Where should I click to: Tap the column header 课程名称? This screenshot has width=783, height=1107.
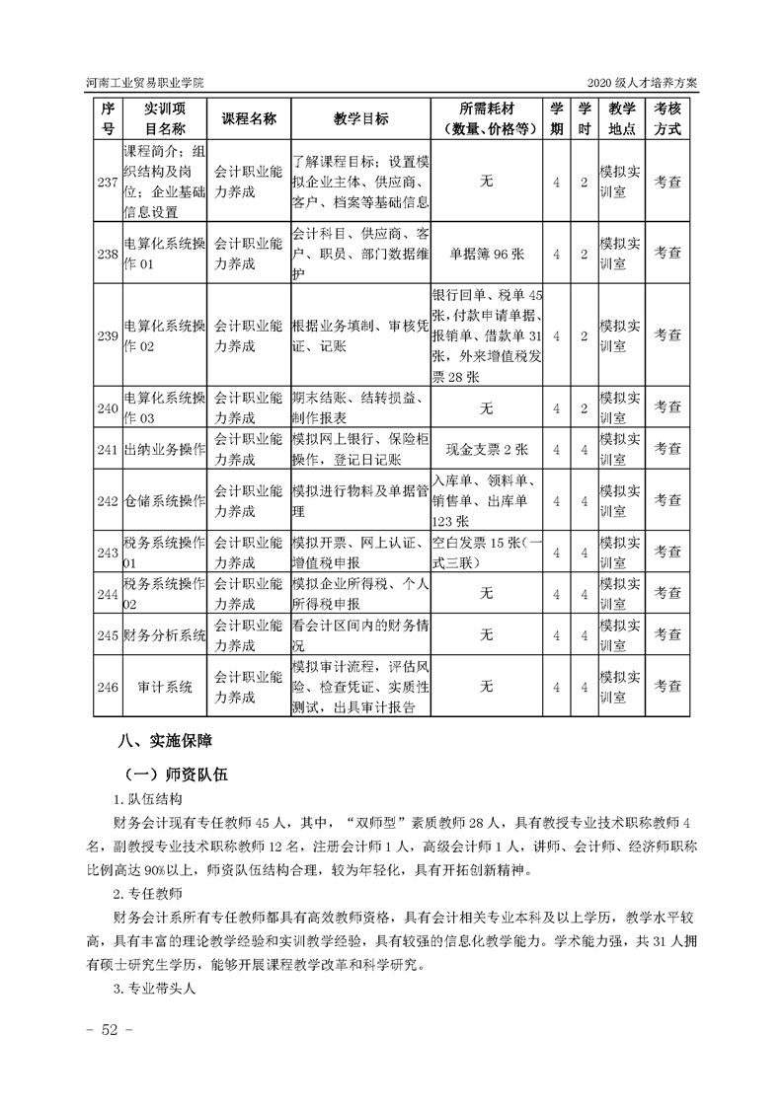point(249,118)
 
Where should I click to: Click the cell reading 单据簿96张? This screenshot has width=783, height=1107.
point(487,254)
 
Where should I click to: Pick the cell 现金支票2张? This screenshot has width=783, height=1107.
point(487,450)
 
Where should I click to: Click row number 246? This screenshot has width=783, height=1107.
point(109,687)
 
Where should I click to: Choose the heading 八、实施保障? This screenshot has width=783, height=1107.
point(165,740)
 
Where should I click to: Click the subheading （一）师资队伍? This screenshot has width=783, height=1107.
point(177,775)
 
